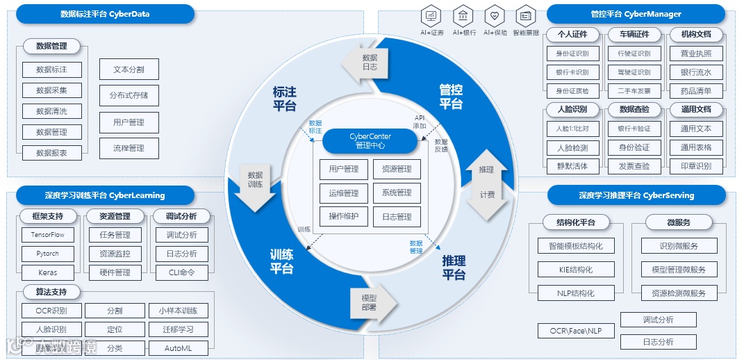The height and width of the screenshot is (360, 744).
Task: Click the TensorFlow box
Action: tap(48, 235)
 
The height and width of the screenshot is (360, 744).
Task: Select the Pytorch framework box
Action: tap(48, 254)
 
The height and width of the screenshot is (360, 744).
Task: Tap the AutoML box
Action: tap(178, 348)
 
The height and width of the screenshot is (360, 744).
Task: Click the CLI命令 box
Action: tap(182, 272)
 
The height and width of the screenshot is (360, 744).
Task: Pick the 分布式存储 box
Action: tap(129, 95)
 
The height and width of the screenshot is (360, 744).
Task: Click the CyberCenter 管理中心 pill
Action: tap(370, 141)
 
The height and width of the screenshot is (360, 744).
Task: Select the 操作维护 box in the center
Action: tap(344, 216)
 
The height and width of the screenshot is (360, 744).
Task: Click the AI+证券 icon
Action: tap(431, 15)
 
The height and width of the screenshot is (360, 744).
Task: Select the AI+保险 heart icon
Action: tap(494, 15)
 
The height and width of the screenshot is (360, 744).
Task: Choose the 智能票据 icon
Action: tap(526, 15)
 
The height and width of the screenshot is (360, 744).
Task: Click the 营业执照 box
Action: tap(696, 54)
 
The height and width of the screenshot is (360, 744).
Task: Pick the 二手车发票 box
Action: tap(634, 90)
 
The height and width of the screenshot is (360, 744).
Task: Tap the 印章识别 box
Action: tap(696, 166)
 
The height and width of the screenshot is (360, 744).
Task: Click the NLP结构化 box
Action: tap(576, 293)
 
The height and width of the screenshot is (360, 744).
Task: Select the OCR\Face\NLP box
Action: tap(576, 331)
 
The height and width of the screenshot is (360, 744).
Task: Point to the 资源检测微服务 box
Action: tap(678, 293)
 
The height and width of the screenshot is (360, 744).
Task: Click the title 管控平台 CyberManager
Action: tap(636, 14)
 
